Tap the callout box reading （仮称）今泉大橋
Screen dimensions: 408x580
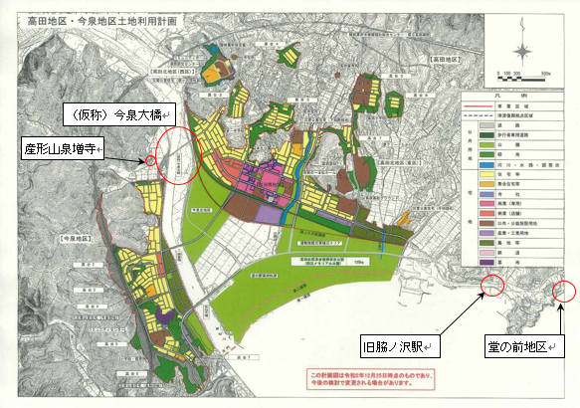pyautogui.click(x=118, y=110)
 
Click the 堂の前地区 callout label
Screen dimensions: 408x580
pyautogui.click(x=521, y=347)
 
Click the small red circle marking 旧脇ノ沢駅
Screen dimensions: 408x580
pyautogui.click(x=491, y=287)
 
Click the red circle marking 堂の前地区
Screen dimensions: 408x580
pyautogui.click(x=563, y=291)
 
